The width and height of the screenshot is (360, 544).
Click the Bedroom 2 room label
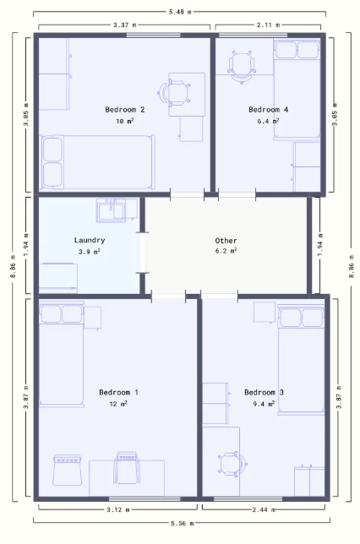pos(124,110)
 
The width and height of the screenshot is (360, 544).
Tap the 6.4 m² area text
pos(268,121)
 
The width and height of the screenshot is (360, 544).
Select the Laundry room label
pos(90,240)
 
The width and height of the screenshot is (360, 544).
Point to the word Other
pos(226,241)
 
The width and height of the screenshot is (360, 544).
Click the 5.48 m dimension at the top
pos(180,12)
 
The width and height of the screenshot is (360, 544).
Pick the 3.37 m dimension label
pos(124,25)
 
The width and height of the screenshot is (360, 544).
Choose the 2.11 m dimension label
pos(268,25)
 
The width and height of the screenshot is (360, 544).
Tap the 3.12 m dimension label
pos(118,509)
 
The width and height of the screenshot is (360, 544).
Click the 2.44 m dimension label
pos(264,509)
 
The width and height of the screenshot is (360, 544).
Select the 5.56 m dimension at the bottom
pos(183,523)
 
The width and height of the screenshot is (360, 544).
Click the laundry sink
pos(111,210)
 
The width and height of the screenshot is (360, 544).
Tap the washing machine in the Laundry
pos(58,278)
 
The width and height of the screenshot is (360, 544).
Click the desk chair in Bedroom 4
pos(242,67)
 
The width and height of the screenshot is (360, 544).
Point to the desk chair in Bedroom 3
pos(232,464)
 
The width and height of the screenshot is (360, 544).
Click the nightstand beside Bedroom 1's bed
pos(93,318)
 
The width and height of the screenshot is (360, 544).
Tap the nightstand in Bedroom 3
pos(265,313)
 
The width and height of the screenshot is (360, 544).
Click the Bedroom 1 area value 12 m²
pos(118,404)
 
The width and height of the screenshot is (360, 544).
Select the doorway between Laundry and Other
pos(142,253)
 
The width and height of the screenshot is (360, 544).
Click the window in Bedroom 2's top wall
pos(153,35)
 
